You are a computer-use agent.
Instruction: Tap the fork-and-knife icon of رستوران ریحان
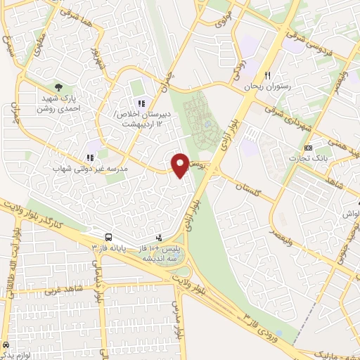pos(268,75)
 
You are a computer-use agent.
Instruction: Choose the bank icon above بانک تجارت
pos(308,147)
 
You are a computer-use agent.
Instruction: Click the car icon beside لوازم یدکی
pos(6,346)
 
